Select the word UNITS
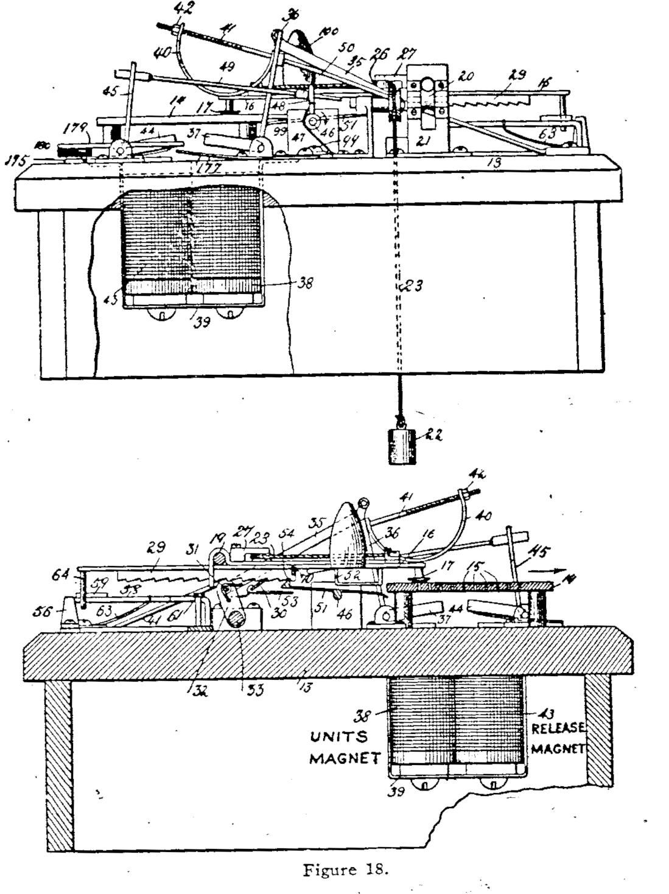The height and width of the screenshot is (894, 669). [340, 737]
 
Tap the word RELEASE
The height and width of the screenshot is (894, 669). [558, 728]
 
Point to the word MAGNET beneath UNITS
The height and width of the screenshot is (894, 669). [345, 758]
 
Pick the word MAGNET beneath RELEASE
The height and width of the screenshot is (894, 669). [558, 749]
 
